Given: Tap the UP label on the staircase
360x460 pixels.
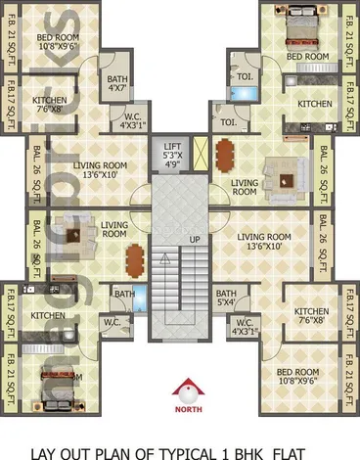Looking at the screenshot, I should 195,238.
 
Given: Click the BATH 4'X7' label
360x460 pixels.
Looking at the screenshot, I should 116,85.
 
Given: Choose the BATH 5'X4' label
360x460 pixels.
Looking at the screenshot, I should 226,299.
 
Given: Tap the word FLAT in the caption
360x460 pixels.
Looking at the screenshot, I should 291,451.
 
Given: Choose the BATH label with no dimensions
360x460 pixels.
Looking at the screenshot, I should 123,293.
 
